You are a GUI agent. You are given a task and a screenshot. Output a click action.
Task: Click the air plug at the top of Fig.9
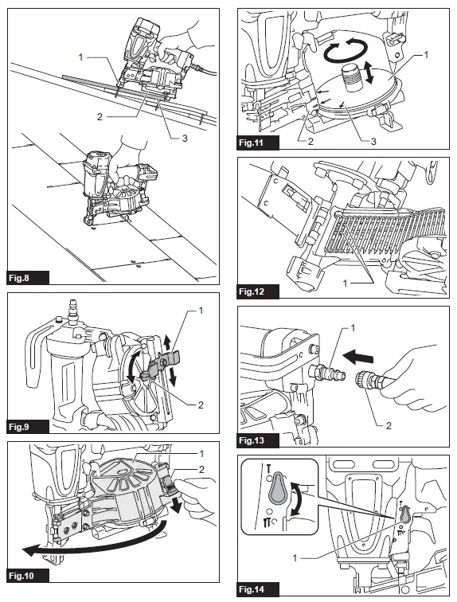(70, 307)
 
